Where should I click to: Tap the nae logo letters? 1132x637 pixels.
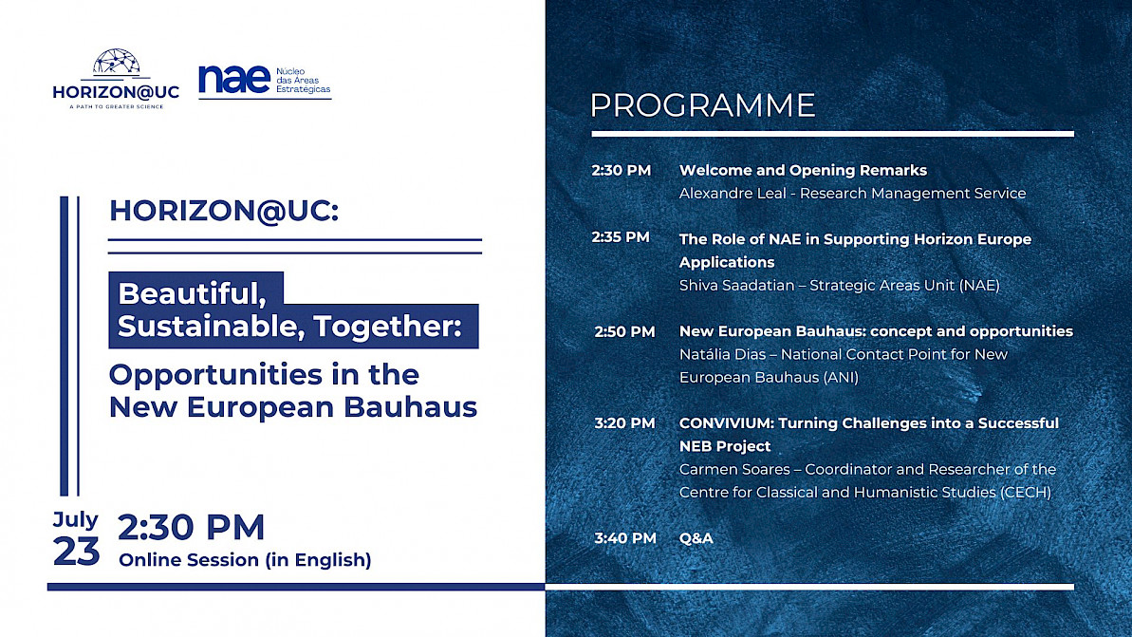[234, 80]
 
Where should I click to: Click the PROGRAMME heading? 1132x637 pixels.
[702, 105]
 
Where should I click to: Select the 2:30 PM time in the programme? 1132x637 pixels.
[621, 171]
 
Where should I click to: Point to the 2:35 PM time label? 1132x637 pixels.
[621, 237]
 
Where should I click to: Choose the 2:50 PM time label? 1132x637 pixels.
[624, 331]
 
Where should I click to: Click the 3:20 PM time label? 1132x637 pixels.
[624, 423]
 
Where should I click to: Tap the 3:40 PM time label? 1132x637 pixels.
[625, 538]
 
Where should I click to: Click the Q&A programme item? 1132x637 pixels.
[696, 538]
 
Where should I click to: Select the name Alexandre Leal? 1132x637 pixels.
[733, 194]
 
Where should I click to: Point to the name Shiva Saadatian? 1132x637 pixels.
[736, 286]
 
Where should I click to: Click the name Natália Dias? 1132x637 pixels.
[725, 355]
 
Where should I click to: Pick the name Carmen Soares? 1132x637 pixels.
[734, 470]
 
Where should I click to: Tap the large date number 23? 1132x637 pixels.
[76, 553]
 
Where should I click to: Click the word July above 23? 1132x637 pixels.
[75, 520]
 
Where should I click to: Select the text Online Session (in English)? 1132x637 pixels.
[245, 560]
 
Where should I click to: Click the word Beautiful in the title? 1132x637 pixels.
[192, 294]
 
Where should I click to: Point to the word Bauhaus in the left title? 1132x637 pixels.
[410, 406]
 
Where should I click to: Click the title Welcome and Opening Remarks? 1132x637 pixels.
[803, 171]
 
